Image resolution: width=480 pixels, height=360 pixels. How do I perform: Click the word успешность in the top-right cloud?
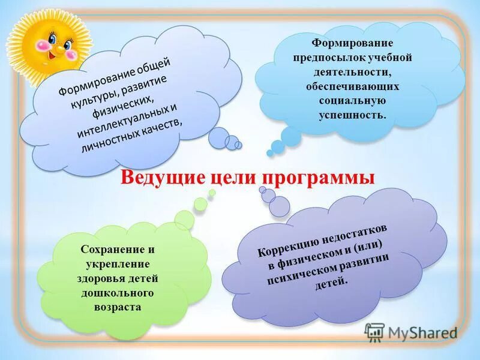[x=352, y=113]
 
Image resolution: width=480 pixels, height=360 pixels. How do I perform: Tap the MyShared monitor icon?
[x=374, y=332]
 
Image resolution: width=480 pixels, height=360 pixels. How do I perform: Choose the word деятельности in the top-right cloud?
[x=352, y=72]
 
